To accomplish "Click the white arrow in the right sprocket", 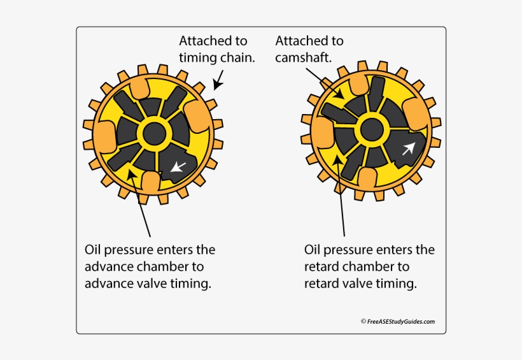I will pos(407,148).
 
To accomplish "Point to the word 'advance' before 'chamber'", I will pos(106,266).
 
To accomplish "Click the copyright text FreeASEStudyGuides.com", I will pos(401,322).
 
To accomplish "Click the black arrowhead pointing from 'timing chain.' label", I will pos(216,85).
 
